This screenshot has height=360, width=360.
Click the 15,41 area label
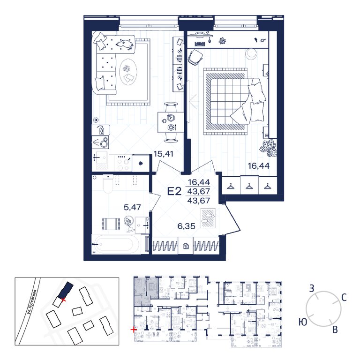pos(163,154)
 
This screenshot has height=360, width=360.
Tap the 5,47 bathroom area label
pos(132,207)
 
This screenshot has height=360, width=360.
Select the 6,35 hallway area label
pos(187,226)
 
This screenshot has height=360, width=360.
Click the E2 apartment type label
pos(174,191)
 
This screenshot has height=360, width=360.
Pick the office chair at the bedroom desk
pos(195,57)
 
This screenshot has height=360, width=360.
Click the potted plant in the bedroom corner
pos(268,148)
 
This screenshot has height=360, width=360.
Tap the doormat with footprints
pos(208,218)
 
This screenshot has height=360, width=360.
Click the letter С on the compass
pos(344,298)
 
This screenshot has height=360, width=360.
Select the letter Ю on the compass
pos(303,322)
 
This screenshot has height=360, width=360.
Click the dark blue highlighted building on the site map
pos(66,291)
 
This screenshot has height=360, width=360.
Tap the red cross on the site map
pos(64,300)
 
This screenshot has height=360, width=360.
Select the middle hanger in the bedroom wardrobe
pos(249,187)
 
